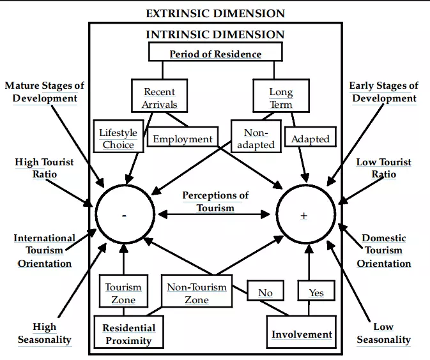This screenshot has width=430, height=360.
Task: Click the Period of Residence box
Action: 215,53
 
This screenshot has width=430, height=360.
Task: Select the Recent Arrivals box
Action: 160,98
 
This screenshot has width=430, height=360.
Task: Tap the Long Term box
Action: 280,98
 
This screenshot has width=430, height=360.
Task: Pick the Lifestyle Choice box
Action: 118,139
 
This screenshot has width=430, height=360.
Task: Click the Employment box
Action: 182,139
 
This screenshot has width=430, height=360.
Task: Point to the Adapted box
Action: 310,139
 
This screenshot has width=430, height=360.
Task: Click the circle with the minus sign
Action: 124,215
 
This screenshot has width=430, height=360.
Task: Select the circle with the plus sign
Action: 304,215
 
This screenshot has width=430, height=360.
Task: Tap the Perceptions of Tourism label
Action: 215,201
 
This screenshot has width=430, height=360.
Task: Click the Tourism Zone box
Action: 123,293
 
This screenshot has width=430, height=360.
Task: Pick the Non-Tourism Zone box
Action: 196,293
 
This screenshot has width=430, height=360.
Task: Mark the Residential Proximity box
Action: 128,334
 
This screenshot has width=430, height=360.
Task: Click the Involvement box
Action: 302,334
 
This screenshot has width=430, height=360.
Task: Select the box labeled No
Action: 265,292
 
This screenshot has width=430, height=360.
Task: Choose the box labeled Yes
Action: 316,292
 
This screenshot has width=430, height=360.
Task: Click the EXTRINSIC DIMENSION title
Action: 215,13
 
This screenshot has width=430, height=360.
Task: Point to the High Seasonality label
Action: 44,333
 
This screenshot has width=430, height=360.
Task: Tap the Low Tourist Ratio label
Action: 383,168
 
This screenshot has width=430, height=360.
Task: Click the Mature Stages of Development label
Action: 45,92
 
